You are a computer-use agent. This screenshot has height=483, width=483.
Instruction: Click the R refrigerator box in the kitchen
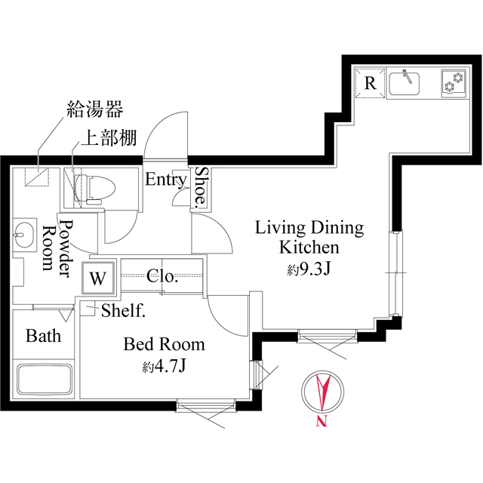tap(370, 83)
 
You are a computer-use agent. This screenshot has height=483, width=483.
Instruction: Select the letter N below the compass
tap(321, 422)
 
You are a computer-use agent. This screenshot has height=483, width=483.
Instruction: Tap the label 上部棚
tap(105, 140)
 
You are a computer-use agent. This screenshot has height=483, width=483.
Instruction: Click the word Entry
tap(165, 180)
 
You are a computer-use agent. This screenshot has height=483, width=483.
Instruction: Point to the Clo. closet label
tap(162, 276)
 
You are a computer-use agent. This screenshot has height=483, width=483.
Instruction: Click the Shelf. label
tap(123, 309)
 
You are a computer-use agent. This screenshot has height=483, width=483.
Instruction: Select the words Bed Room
tap(165, 345)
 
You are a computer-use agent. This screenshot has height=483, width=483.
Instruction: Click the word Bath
tap(43, 336)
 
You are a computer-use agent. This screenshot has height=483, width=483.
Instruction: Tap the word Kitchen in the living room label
tap(309, 247)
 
